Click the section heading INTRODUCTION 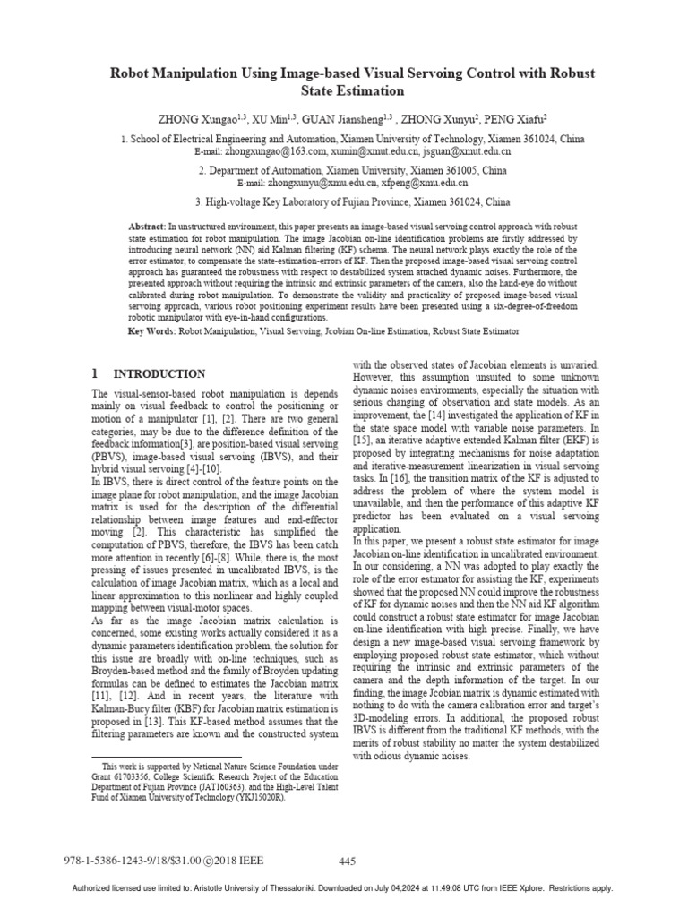159,373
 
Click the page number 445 348,861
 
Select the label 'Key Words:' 153,331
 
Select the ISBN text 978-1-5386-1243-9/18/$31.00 147,861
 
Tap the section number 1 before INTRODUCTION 96,373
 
